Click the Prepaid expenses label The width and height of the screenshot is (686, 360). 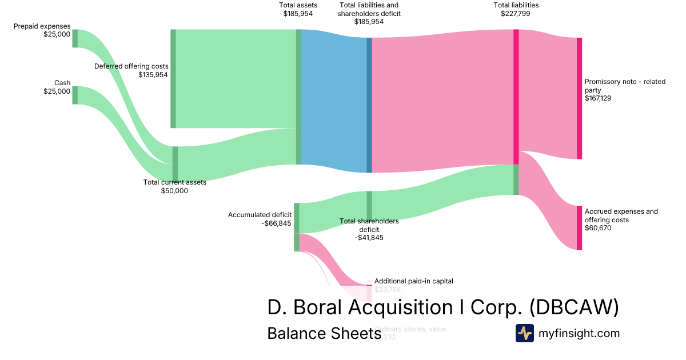click(x=42, y=26)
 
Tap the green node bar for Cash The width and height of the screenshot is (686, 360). click(x=75, y=95)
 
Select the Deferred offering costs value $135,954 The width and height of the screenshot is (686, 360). click(x=153, y=74)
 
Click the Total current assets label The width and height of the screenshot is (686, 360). click(x=174, y=182)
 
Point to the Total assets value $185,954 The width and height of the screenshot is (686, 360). click(x=298, y=13)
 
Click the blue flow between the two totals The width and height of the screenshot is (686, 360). click(x=334, y=100)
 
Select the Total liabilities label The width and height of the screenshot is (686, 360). click(x=516, y=5)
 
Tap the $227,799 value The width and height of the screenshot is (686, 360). click(x=516, y=14)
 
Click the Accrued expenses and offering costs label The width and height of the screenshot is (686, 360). click(x=621, y=215)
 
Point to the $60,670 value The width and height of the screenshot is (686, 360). click(x=599, y=228)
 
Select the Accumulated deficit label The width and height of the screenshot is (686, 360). click(x=260, y=215)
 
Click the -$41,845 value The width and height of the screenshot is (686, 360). click(x=369, y=238)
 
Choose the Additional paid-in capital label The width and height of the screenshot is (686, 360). click(x=413, y=281)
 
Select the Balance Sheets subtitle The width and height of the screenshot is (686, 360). click(x=324, y=333)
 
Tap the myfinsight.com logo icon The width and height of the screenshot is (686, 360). click(x=524, y=333)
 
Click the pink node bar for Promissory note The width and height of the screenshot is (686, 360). click(x=579, y=98)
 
